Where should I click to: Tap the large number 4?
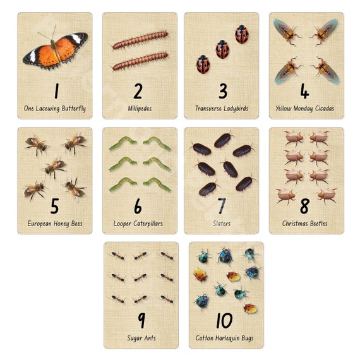(x=304, y=91)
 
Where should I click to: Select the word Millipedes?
(x=140, y=109)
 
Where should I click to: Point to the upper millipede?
(x=140, y=40)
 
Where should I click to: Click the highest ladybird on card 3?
(x=241, y=35)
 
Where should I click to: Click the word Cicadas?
(x=325, y=109)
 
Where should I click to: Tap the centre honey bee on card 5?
(x=54, y=167)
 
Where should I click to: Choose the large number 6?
(x=138, y=206)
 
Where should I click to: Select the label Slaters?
(x=221, y=224)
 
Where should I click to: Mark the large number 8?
(x=304, y=206)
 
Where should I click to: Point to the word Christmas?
(x=295, y=224)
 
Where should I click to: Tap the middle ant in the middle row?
(x=140, y=277)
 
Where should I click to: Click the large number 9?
(x=141, y=320)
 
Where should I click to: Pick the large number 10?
(x=224, y=320)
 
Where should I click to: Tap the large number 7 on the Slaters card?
(x=222, y=206)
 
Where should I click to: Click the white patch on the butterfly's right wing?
(x=76, y=39)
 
